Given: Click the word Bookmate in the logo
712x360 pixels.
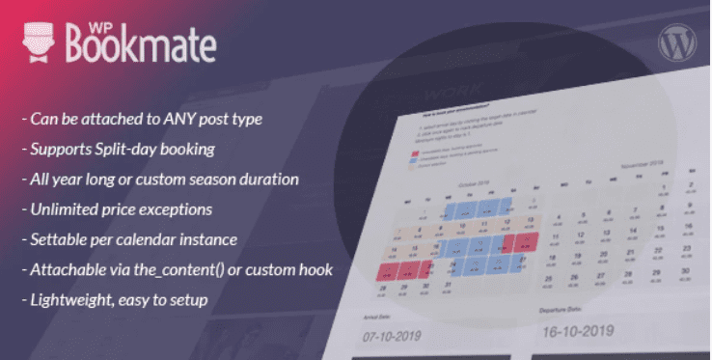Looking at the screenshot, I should point(141,44).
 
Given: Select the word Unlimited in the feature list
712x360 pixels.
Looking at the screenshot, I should point(62,209).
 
